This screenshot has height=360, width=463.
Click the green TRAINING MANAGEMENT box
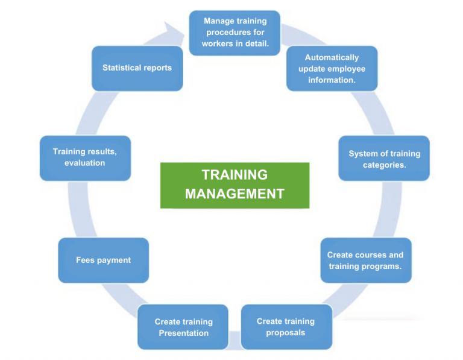[235, 185]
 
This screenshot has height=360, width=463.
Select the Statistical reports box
[137, 68]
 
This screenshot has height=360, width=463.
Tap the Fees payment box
[103, 260]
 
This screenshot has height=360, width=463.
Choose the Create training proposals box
[286, 327]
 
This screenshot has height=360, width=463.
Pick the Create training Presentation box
[183, 327]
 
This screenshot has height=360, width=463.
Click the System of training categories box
[384, 159]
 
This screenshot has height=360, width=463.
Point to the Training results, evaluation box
[85, 157]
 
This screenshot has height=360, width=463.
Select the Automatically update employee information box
[332, 69]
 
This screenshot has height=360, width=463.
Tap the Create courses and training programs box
[365, 261]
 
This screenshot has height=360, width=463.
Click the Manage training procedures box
[235, 33]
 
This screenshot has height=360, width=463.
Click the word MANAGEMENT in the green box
[235, 194]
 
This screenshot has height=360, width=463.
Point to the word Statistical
[121, 68]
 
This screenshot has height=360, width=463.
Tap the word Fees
[85, 260]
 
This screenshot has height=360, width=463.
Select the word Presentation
[183, 333]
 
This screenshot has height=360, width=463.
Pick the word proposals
[286, 332]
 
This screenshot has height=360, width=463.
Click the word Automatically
[332, 57]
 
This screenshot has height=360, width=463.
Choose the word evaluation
[85, 163]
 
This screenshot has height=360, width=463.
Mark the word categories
[384, 165]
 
